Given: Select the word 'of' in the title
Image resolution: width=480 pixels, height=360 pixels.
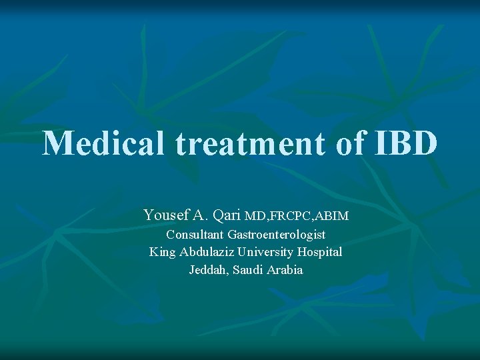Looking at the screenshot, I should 349,143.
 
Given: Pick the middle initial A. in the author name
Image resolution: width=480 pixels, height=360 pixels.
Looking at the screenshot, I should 200,215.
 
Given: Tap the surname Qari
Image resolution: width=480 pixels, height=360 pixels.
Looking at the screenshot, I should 227,215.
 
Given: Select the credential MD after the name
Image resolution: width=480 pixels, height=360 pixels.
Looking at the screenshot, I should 257,217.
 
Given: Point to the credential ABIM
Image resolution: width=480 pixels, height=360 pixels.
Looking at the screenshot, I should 333,217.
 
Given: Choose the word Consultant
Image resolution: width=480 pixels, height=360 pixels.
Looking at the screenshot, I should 195,235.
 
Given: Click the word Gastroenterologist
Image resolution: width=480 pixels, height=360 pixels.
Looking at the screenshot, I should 276,235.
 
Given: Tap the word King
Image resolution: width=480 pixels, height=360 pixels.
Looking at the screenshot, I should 162,252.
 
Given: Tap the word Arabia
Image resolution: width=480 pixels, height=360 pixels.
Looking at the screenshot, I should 285,270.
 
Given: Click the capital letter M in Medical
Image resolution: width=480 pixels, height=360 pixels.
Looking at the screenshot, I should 56,143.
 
